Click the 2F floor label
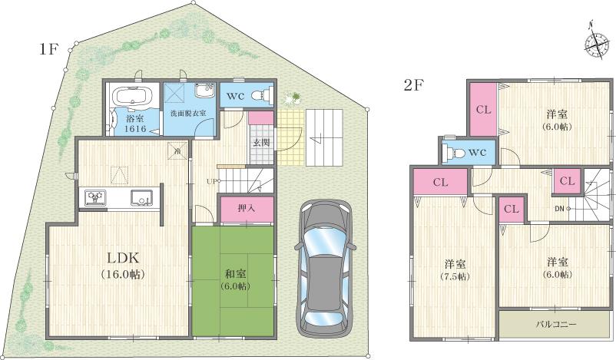(415, 84)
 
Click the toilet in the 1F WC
(262, 97)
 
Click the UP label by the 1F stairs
(210, 181)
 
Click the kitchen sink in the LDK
(141, 197)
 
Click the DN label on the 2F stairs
(561, 207)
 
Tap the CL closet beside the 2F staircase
(566, 181)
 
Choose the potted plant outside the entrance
(291, 98)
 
